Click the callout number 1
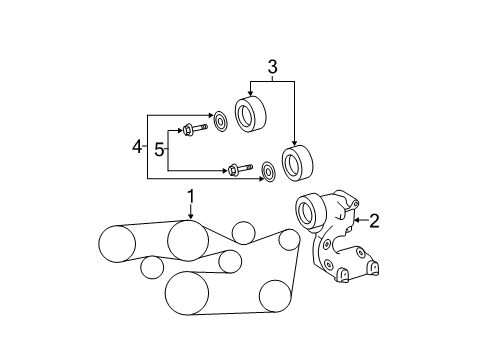click(x=190, y=197)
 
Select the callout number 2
click(x=374, y=221)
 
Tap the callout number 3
click(x=270, y=68)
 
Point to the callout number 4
click(x=138, y=147)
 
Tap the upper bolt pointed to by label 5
click(x=193, y=129)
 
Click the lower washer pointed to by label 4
click(x=267, y=170)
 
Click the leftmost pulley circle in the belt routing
click(x=116, y=243)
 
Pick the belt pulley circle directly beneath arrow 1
click(x=187, y=240)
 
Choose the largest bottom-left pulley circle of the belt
click(x=185, y=292)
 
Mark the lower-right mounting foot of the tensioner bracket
click(x=372, y=268)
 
